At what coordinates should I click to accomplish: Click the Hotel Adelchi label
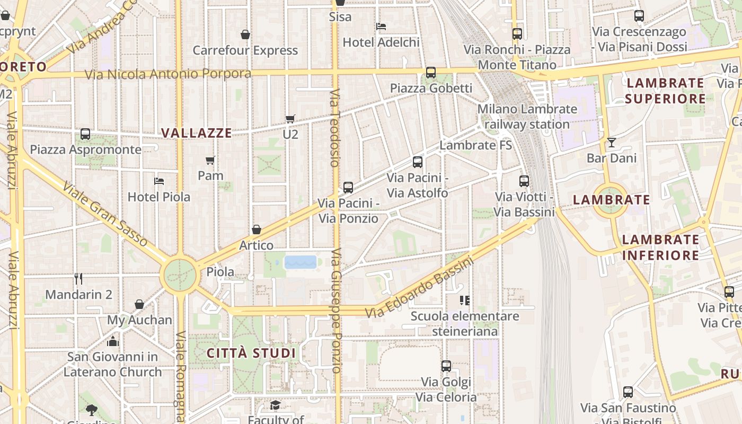pyautogui.click(x=381, y=42)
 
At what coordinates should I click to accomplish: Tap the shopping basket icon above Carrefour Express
pyautogui.click(x=245, y=34)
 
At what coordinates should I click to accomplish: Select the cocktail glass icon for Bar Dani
pyautogui.click(x=612, y=142)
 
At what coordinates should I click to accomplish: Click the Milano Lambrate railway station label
pyautogui.click(x=527, y=117)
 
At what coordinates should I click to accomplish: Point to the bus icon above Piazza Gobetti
pyautogui.click(x=431, y=73)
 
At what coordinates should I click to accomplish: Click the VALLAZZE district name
pyautogui.click(x=197, y=133)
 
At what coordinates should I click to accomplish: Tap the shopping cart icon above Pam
pyautogui.click(x=210, y=160)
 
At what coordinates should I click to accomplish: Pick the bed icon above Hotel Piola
pyautogui.click(x=158, y=181)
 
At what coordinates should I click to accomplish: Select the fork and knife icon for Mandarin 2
pyautogui.click(x=78, y=278)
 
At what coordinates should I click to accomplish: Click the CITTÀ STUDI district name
pyautogui.click(x=251, y=353)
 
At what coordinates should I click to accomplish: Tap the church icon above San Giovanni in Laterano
pyautogui.click(x=113, y=341)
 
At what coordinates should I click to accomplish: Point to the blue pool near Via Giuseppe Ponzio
pyautogui.click(x=301, y=262)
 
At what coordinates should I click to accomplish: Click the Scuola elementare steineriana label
pyautogui.click(x=465, y=324)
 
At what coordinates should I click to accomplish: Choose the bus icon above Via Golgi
pyautogui.click(x=446, y=366)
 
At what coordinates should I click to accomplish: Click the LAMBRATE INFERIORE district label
pyautogui.click(x=660, y=248)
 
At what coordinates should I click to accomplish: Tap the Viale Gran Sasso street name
pyautogui.click(x=104, y=214)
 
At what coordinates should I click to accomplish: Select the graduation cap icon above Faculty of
pyautogui.click(x=275, y=405)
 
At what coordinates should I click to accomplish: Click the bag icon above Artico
pyautogui.click(x=257, y=229)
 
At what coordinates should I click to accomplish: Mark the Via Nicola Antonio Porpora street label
pyautogui.click(x=168, y=73)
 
